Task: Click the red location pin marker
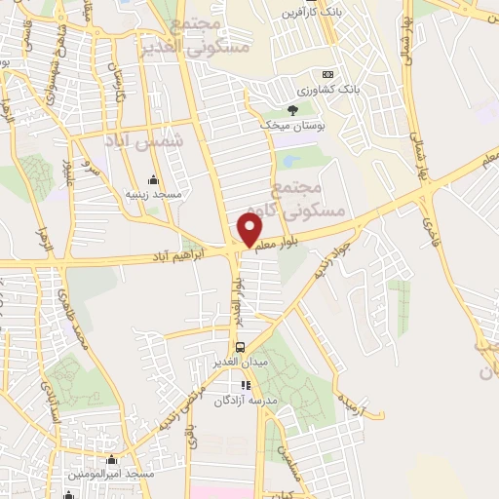(250, 230)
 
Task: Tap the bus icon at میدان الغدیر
(239, 347)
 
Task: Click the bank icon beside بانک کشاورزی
(327, 74)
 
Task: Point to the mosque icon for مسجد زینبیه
(153, 179)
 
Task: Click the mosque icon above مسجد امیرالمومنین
(112, 459)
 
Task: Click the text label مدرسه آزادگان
(245, 400)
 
